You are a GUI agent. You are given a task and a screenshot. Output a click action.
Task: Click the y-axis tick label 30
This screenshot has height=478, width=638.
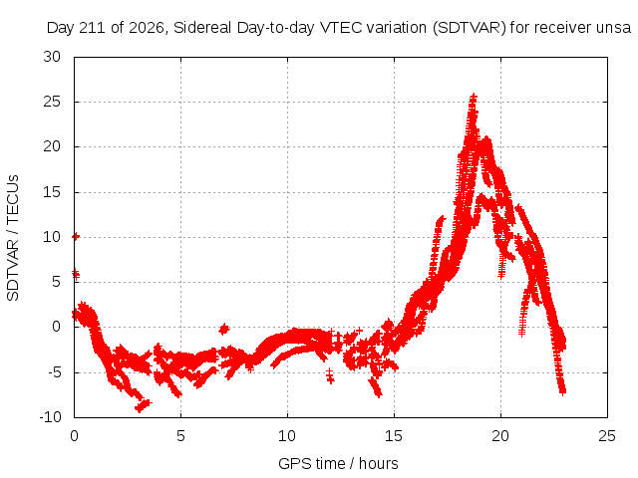pyautogui.click(x=52, y=57)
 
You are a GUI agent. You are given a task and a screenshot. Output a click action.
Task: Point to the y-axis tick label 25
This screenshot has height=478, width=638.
pyautogui.click(x=52, y=102)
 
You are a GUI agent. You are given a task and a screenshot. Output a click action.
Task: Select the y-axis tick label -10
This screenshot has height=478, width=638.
pyautogui.click(x=51, y=417)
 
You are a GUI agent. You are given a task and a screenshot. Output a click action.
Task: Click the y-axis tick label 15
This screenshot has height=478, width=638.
pyautogui.click(x=52, y=192)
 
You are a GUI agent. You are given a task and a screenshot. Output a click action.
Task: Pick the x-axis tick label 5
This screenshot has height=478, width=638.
pyautogui.click(x=180, y=436)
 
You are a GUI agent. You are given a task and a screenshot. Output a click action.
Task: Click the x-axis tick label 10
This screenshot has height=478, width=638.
pyautogui.click(x=287, y=436)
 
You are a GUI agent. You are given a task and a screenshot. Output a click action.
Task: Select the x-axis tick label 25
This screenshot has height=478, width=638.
pyautogui.click(x=607, y=436)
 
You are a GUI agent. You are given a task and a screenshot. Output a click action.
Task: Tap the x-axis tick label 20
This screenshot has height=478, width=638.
pyautogui.click(x=500, y=436)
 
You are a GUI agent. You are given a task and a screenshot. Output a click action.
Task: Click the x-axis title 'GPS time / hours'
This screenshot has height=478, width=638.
pyautogui.click(x=338, y=463)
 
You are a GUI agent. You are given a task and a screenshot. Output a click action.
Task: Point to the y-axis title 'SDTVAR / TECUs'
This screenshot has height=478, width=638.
pyautogui.click(x=13, y=238)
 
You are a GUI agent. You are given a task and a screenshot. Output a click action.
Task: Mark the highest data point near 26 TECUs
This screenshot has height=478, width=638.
pyautogui.click(x=474, y=97)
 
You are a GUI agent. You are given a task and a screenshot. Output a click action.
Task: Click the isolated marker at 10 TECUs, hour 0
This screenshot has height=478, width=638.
pyautogui.click(x=76, y=236)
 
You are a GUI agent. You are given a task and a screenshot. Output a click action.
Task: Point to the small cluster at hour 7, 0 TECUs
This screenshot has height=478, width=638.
pyautogui.click(x=223, y=329)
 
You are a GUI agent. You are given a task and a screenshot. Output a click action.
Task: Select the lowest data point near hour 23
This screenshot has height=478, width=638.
pyautogui.click(x=562, y=391)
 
